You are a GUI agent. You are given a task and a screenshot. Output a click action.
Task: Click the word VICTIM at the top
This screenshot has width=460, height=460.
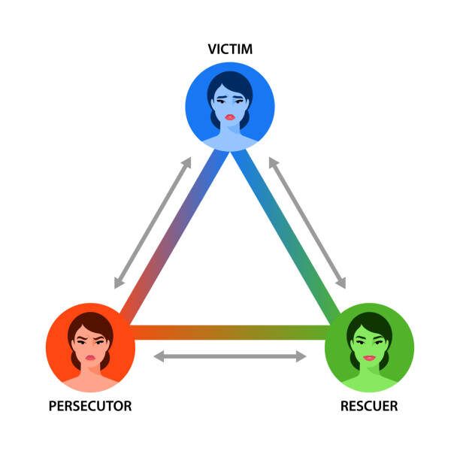point(229,50)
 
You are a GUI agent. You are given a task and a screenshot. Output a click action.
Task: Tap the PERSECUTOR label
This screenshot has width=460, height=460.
point(89,406)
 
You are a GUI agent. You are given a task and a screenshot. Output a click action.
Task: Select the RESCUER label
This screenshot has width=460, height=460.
point(368,406)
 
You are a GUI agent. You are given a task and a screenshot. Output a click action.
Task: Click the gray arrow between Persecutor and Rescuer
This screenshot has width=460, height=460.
point(229,356)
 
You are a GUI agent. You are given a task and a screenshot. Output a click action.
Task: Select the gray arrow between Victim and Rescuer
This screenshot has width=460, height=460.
point(307,222)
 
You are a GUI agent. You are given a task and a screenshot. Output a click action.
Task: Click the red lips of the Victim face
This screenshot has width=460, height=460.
point(229,117)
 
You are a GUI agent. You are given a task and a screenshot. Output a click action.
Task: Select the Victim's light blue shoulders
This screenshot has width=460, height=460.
point(229,143)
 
